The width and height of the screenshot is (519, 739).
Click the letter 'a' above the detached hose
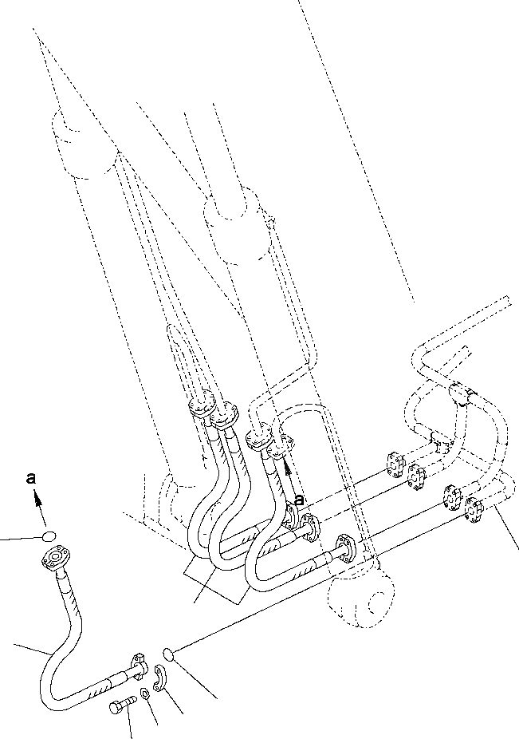pyautogui.click(x=31, y=479)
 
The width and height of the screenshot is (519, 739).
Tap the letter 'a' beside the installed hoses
pyautogui.click(x=300, y=500)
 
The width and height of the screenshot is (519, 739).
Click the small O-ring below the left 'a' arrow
pyautogui.click(x=49, y=536)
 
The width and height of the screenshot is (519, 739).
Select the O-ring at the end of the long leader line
pyautogui.click(x=168, y=654)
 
